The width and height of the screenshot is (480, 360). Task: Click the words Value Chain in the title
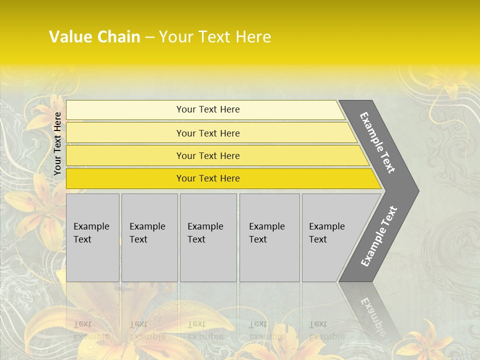(94, 37)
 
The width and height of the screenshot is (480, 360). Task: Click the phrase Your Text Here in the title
(215, 37)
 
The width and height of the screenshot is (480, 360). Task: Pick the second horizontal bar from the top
(207, 133)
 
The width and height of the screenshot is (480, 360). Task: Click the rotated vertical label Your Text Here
(57, 143)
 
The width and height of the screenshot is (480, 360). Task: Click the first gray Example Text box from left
(92, 237)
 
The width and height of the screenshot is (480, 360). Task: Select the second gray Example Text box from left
(149, 237)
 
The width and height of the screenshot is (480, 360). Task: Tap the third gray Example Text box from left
(208, 237)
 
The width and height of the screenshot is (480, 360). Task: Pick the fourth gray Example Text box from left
(269, 237)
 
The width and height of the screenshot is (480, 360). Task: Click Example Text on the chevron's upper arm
(377, 142)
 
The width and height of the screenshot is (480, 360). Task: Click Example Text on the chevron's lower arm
(378, 236)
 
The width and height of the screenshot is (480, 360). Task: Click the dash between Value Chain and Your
(149, 37)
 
